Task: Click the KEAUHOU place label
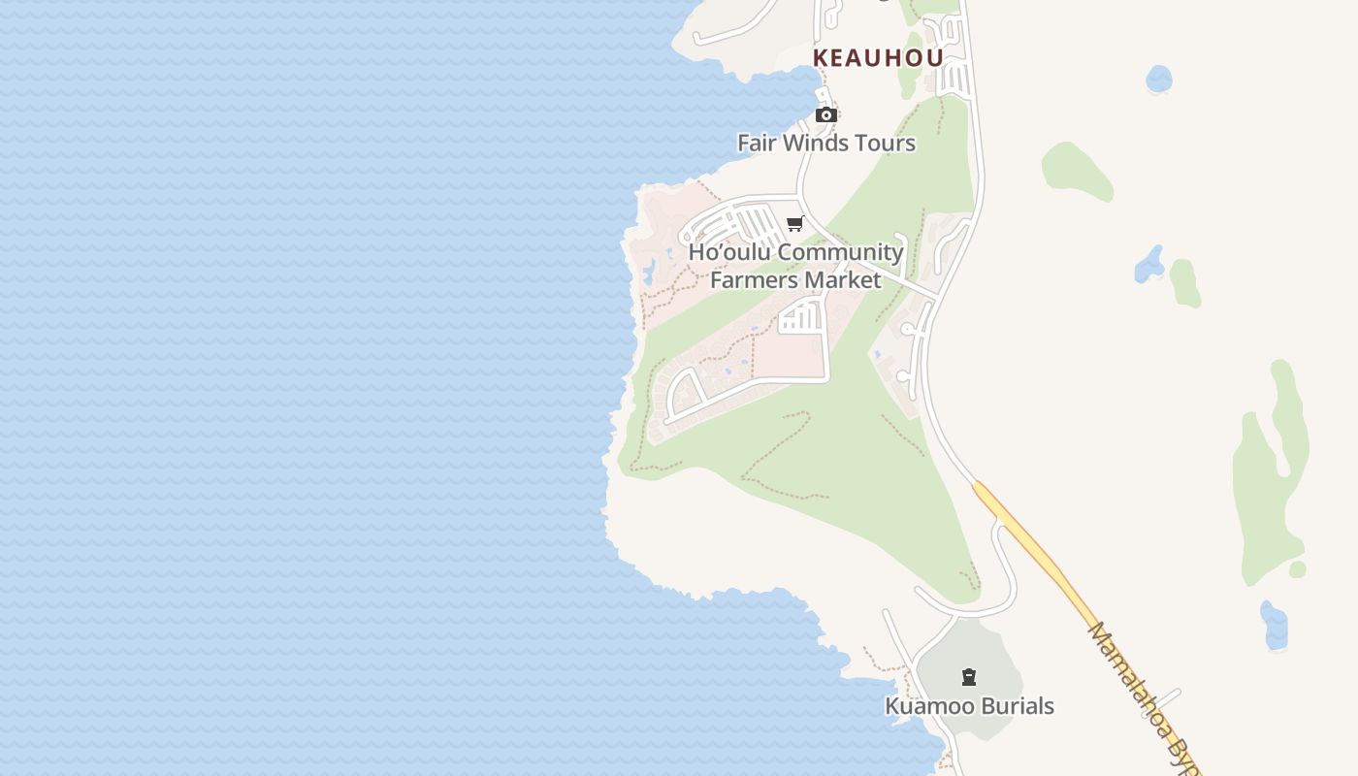878,58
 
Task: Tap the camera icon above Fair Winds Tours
825,115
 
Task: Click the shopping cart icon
795,224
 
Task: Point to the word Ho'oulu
729,252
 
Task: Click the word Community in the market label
840,252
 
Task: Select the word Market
846,280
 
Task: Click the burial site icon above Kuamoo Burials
968,677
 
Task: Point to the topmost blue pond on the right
1158,79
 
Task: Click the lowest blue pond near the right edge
1274,626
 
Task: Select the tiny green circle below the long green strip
1297,569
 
